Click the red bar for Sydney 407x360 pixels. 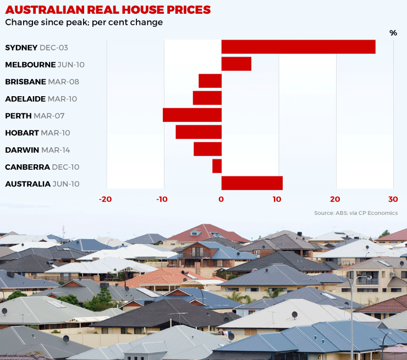(298, 47)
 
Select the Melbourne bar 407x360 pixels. (236, 64)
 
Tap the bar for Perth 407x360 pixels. (192, 115)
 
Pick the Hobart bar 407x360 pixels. (199, 132)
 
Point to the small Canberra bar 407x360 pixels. (217, 166)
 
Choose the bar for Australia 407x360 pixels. (252, 183)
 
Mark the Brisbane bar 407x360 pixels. (210, 81)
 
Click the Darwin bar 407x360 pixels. (207, 149)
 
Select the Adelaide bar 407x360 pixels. (207, 98)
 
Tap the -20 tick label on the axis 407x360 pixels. (105, 200)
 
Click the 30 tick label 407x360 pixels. (392, 200)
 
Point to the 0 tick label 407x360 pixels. (221, 200)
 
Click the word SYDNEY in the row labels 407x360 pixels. (21, 48)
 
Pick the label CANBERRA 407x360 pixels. (27, 167)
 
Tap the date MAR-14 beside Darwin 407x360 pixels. (54, 150)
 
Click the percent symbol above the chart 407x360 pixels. (393, 33)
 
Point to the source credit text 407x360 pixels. (355, 213)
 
